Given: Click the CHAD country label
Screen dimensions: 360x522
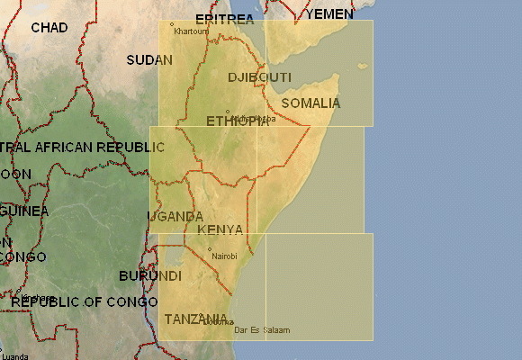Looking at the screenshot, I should [x=49, y=28].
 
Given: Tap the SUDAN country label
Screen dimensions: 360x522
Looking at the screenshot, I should [x=149, y=60].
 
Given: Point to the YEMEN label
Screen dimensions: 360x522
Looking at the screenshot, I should [x=330, y=15].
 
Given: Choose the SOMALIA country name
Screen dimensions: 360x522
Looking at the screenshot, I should [x=311, y=103].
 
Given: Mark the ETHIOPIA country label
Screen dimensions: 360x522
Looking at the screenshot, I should [x=237, y=121].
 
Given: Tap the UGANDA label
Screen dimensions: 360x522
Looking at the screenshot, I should [x=175, y=217].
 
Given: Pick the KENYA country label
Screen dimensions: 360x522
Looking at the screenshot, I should [x=220, y=229].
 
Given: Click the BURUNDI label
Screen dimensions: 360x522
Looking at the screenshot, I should [x=150, y=275].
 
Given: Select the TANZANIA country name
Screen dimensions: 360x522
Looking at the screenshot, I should [x=195, y=319].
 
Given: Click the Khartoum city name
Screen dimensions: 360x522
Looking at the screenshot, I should [x=191, y=31].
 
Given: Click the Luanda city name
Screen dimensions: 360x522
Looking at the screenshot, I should [x=15, y=356].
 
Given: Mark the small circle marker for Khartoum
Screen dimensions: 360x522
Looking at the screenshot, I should [x=172, y=24].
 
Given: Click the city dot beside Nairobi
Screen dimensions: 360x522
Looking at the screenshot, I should [x=210, y=250].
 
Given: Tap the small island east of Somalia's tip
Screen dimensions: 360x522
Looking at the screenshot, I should [x=363, y=66].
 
